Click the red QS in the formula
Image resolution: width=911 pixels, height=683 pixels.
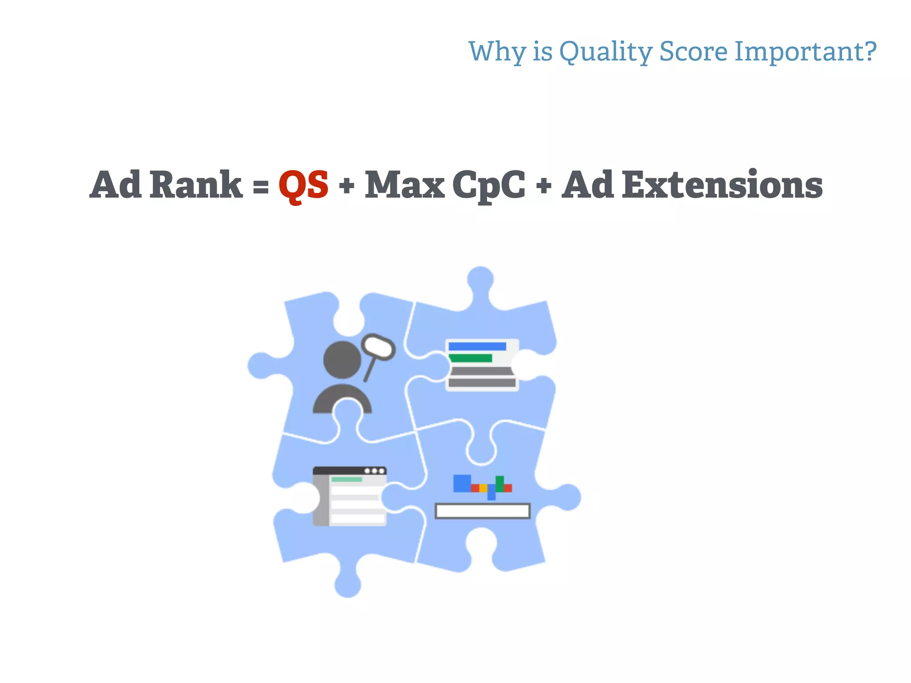click(303, 185)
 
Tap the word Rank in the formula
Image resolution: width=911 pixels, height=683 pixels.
click(196, 185)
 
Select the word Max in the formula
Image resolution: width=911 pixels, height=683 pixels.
click(404, 185)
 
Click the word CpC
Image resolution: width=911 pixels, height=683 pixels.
click(488, 185)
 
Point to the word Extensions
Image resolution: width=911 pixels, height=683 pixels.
click(722, 185)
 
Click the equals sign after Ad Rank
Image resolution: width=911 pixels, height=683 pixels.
click(261, 186)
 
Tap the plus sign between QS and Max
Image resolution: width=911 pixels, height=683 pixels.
click(347, 186)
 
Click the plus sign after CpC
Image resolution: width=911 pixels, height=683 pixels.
click(544, 186)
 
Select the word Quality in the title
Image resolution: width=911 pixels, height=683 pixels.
click(605, 52)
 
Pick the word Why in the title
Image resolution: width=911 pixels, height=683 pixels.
click(497, 52)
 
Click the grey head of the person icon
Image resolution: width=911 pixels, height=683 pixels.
click(342, 360)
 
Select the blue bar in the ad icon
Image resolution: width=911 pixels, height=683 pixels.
click(477, 346)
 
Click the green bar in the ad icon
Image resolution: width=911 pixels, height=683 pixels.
click(471, 358)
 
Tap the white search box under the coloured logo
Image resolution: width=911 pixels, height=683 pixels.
click(482, 511)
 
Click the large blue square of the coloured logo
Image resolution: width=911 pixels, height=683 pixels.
click(462, 483)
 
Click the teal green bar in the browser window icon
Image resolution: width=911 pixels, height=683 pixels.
click(347, 479)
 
